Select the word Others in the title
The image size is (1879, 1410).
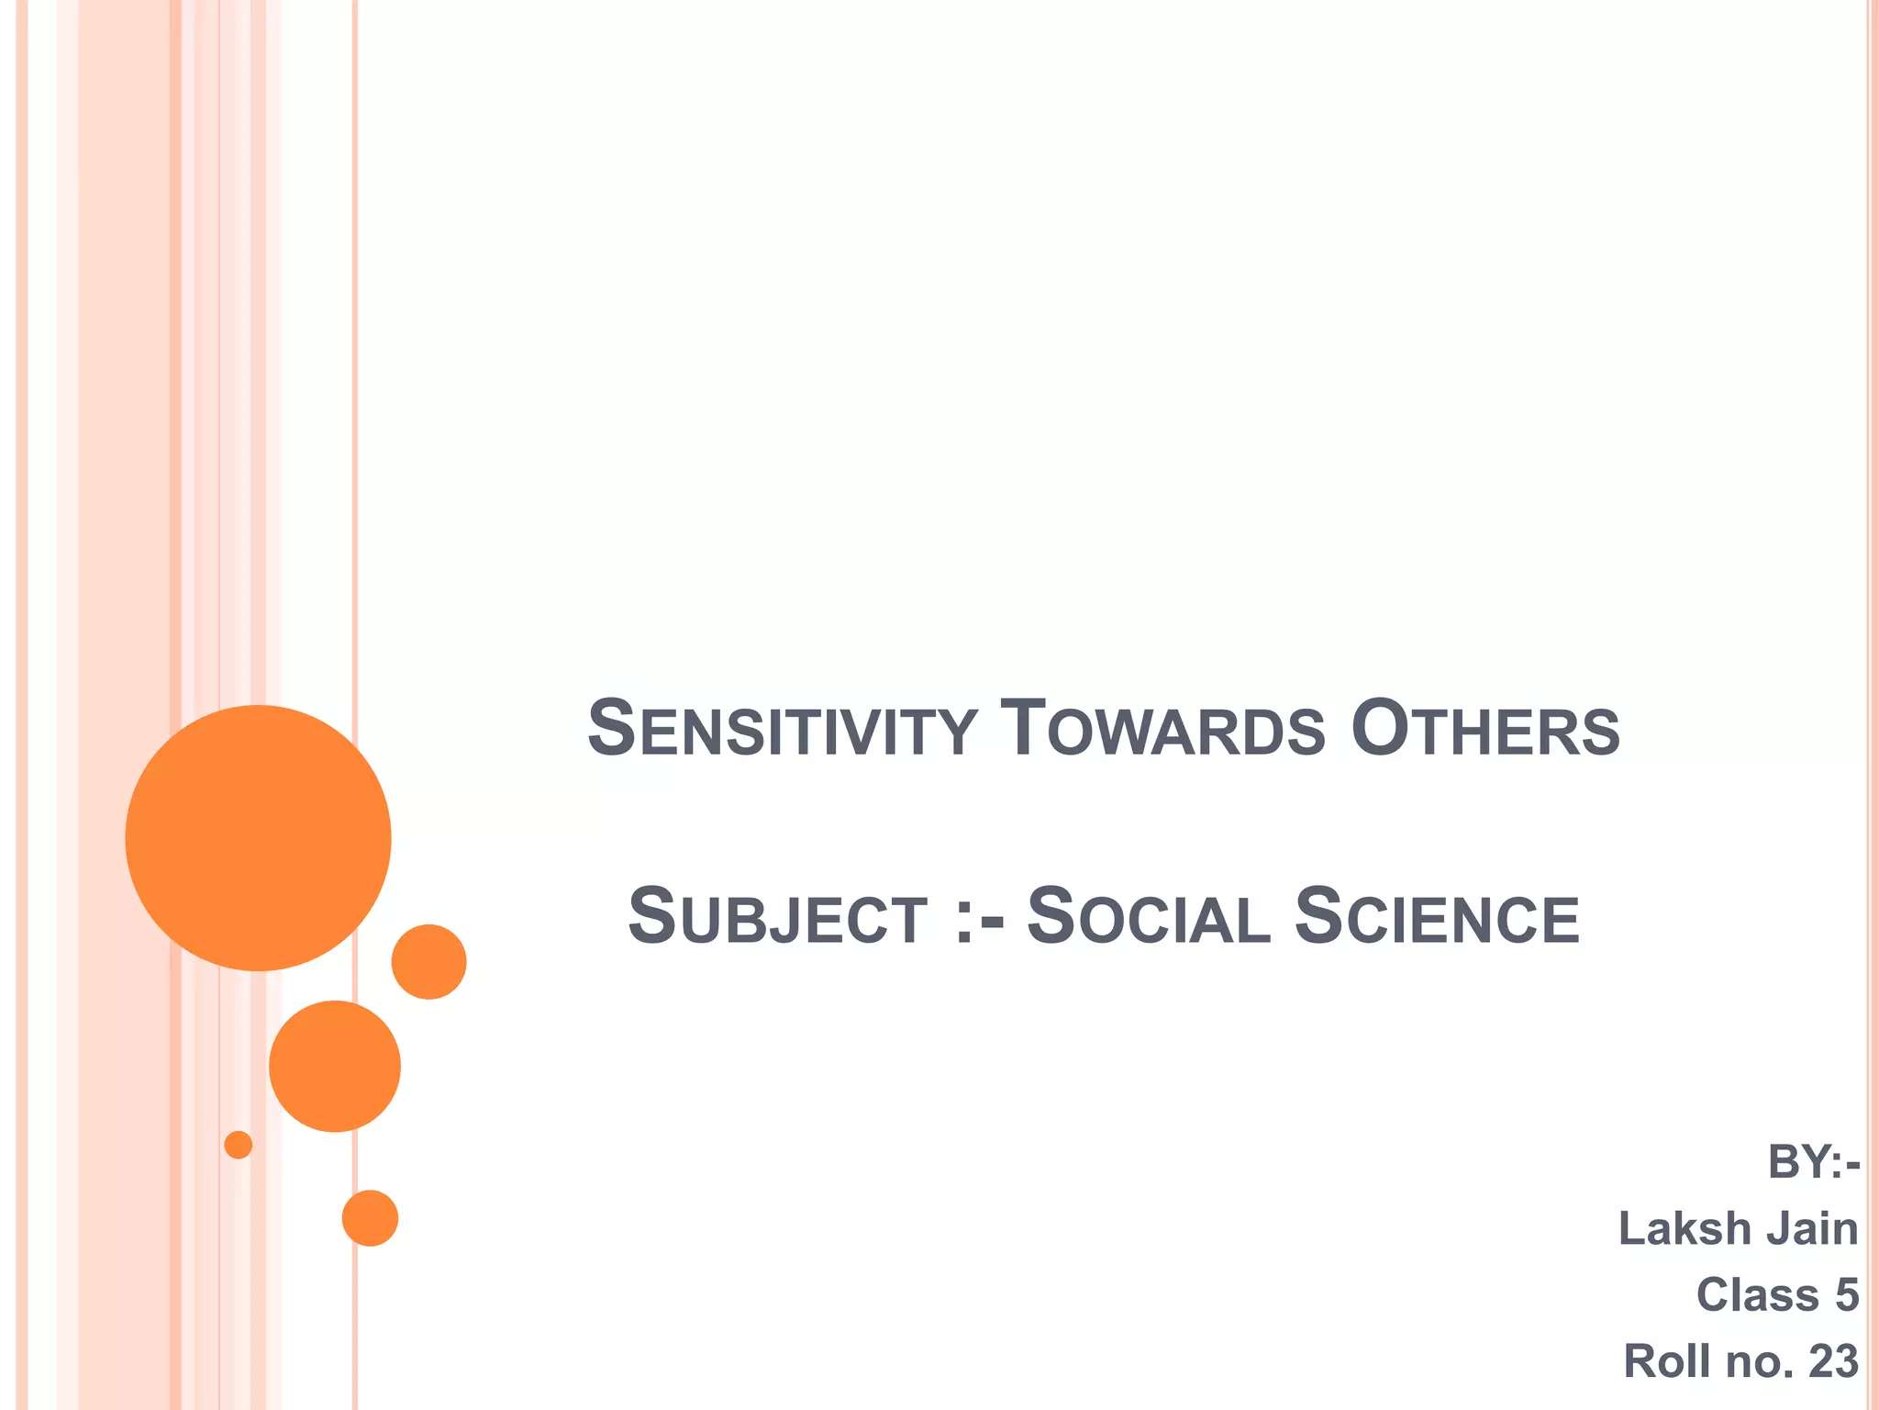tap(1485, 731)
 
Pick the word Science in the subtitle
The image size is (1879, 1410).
tap(1437, 918)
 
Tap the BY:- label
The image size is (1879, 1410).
tap(1813, 1163)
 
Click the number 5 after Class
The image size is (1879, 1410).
tap(1847, 1295)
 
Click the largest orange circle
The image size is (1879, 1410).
tap(259, 838)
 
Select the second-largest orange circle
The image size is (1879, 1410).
tap(335, 1066)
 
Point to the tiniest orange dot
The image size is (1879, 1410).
tap(239, 1145)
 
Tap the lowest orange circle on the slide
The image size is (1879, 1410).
tap(370, 1218)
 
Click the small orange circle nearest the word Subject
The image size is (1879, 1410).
tap(428, 962)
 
